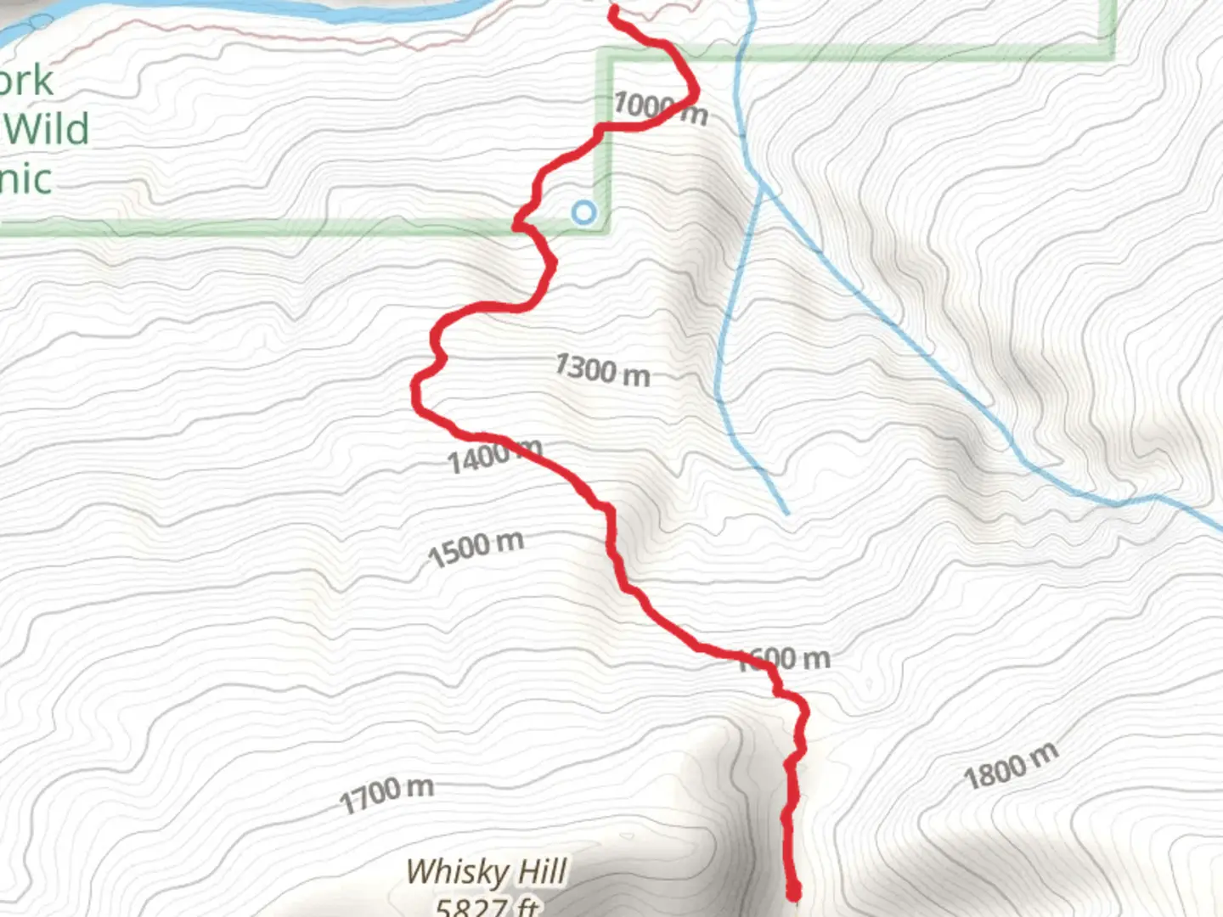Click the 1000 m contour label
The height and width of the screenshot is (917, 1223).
[660, 108]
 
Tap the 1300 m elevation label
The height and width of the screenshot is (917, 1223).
[602, 370]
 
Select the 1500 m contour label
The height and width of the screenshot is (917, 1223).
[476, 549]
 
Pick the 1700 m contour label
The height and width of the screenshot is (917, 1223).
[386, 795]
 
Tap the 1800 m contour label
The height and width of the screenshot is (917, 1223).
[1011, 766]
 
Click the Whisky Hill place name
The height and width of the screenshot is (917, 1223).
[487, 872]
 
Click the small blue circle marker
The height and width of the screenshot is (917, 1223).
[583, 212]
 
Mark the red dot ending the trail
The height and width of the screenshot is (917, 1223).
[793, 892]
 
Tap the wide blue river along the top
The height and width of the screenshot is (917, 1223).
[255, 10]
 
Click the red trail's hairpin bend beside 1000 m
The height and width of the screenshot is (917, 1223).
[695, 89]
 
